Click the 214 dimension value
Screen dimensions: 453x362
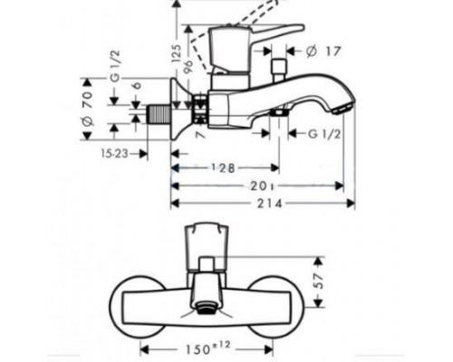(258, 204)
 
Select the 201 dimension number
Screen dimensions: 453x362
(258, 186)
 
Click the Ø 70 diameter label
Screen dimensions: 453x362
(89, 107)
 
